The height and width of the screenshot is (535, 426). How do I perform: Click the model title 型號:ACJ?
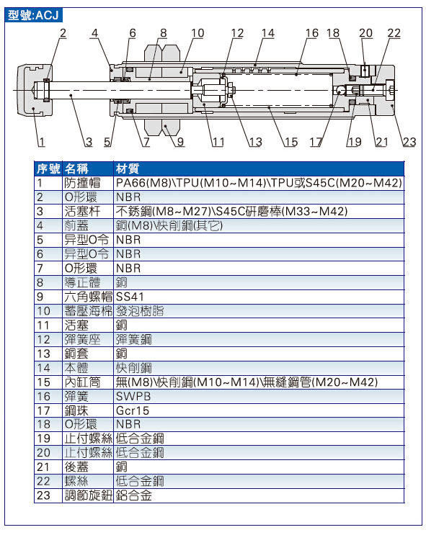33,15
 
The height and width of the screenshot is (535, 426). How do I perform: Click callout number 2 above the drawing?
63,33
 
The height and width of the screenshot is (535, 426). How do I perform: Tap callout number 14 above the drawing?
268,33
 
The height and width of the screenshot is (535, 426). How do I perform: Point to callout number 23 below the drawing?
409,142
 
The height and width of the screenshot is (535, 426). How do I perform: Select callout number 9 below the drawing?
180,142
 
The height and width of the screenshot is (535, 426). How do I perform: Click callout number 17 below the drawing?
316,142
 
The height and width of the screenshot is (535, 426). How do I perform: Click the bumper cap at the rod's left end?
35,90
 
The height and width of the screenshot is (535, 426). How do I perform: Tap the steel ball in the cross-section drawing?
340,90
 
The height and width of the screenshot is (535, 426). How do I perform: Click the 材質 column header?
127,168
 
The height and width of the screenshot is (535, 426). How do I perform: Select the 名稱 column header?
76,168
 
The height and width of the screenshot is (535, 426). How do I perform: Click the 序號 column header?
48,168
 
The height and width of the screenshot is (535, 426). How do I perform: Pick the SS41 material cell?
130,297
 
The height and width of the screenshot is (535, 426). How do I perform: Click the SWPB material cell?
133,397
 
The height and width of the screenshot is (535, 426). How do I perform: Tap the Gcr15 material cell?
133,411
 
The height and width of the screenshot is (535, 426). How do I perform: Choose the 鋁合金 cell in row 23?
133,495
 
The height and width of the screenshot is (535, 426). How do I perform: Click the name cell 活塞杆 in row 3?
82,212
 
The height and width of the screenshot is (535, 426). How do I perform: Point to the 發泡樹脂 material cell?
140,311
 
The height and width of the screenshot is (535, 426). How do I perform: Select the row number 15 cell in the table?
43,382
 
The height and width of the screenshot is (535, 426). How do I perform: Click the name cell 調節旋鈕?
88,495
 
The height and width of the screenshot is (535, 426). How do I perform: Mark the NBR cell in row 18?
128,424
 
